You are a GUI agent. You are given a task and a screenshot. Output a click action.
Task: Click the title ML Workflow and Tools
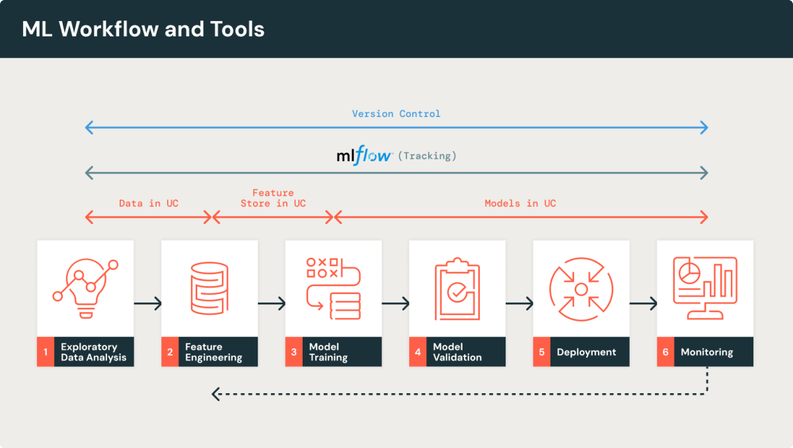click(143, 29)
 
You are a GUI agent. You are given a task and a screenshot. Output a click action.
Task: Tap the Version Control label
click(396, 114)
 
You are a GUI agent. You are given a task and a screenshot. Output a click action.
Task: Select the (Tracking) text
click(428, 156)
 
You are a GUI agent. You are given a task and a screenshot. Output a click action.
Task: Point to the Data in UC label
click(149, 203)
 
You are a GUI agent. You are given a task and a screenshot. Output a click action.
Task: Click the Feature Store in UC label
click(273, 198)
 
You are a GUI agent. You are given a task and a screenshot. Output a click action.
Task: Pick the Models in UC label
click(520, 203)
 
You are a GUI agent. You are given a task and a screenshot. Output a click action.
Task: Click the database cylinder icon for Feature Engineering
click(209, 289)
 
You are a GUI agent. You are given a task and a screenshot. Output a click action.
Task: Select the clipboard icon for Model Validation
click(457, 289)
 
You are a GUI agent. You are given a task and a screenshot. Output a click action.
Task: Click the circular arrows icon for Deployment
click(581, 289)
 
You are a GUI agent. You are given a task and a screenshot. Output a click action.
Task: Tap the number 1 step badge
click(46, 352)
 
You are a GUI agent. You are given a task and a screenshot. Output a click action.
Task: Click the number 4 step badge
click(418, 352)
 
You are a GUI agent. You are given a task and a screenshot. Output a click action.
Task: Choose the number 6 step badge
click(665, 352)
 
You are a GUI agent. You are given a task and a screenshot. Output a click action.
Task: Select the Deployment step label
click(586, 352)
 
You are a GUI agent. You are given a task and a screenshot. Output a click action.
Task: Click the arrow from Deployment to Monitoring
click(643, 304)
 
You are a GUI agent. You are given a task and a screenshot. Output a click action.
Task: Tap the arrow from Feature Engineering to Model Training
click(272, 304)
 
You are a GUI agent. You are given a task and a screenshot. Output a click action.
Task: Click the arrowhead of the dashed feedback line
click(215, 394)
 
